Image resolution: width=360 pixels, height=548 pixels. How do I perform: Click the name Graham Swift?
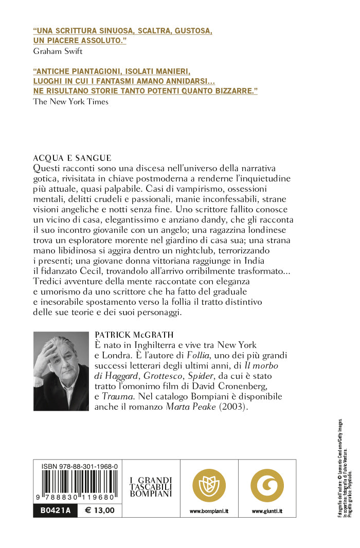pos(57,51)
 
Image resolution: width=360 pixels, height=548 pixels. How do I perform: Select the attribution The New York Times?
pos(70,101)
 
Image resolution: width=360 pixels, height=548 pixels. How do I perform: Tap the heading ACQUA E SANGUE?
pos(72,158)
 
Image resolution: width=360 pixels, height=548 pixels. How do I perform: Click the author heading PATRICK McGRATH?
pos(134,334)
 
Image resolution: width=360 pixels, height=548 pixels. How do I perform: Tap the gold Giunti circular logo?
pos(267,486)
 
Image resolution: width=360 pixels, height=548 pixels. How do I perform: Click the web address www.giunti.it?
pos(267,512)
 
